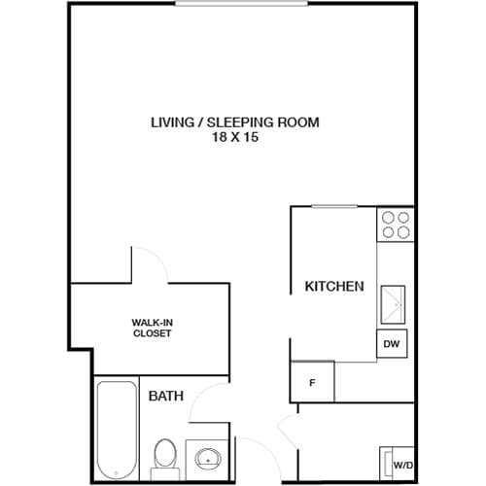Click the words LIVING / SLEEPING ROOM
[x=234, y=122]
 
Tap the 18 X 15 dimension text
[x=234, y=138]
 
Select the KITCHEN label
[x=334, y=287]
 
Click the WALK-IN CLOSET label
[x=152, y=328]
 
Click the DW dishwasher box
[x=393, y=344]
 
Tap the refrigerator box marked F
[x=312, y=381]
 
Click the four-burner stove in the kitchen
[x=395, y=225]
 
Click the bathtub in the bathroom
[x=117, y=428]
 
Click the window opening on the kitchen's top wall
[x=333, y=206]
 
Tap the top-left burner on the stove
[x=388, y=218]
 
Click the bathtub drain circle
[x=117, y=473]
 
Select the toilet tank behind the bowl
[x=163, y=473]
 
